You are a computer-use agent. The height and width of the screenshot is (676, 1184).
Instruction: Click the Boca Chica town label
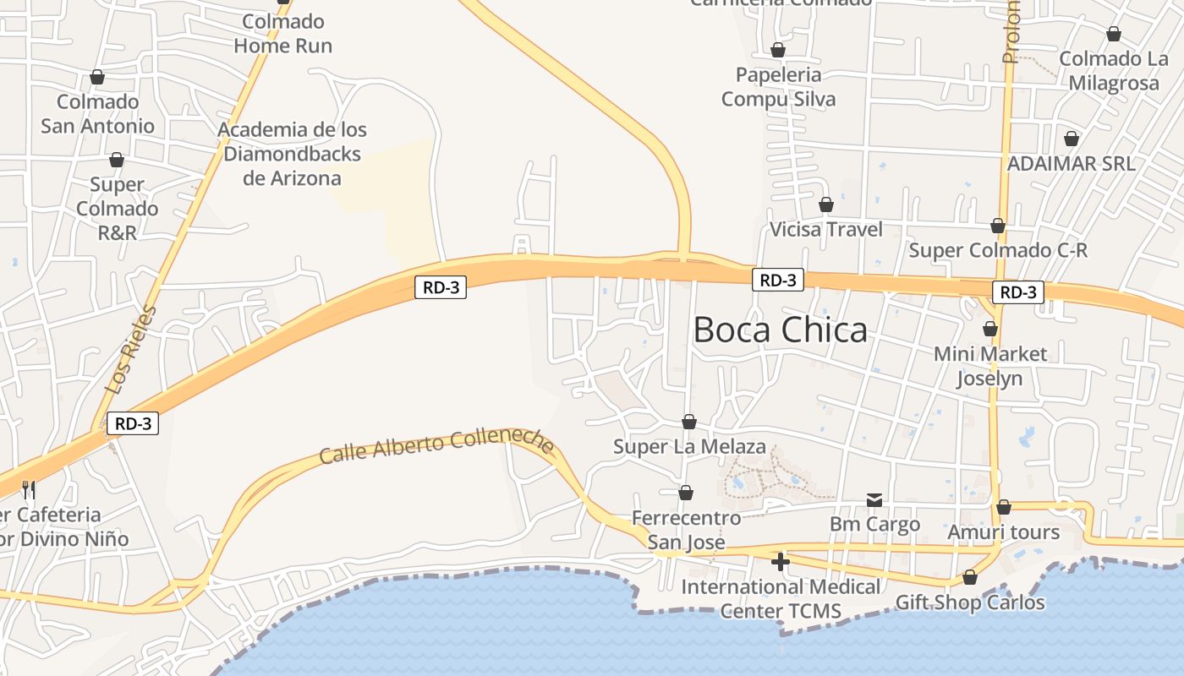(x=780, y=330)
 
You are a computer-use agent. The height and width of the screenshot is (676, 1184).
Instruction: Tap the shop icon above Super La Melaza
(x=689, y=422)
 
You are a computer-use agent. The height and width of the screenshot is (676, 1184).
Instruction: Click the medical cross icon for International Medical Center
(x=781, y=561)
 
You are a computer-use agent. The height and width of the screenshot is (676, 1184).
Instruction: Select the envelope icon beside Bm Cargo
(x=874, y=500)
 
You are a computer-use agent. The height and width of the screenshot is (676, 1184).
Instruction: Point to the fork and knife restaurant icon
(x=29, y=489)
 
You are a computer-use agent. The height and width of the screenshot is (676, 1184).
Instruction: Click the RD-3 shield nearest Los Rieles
(x=133, y=423)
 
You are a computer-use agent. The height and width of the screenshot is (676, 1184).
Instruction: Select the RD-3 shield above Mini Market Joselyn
(x=1017, y=292)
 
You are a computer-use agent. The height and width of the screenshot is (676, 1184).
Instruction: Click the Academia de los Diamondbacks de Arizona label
(x=293, y=154)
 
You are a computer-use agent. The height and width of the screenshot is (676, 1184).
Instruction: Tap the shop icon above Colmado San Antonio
(x=97, y=78)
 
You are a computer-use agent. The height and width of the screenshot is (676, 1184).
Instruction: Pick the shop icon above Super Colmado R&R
(x=117, y=160)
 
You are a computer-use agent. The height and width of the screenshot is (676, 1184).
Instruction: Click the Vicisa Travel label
(x=825, y=229)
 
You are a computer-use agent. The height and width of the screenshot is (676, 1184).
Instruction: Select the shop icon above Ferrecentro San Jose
(x=686, y=493)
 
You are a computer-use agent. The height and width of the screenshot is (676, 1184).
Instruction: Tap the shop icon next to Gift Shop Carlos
(x=970, y=578)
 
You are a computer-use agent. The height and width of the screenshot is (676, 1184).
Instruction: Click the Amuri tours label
(x=1003, y=532)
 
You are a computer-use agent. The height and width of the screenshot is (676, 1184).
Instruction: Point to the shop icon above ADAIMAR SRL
(x=1072, y=139)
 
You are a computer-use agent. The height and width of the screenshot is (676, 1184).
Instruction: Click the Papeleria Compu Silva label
(x=778, y=87)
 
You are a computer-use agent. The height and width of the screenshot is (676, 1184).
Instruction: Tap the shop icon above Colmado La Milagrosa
(x=1114, y=35)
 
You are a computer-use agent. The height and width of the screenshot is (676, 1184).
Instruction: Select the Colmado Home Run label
(x=282, y=33)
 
